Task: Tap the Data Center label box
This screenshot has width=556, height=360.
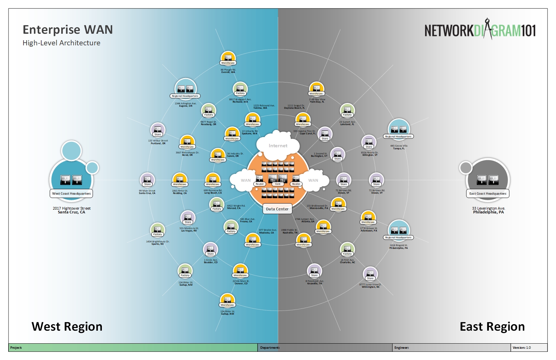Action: [x=277, y=209]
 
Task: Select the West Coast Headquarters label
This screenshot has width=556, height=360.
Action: [x=71, y=194]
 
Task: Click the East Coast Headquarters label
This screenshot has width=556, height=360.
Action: [x=488, y=194]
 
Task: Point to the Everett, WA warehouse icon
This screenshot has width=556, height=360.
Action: [x=228, y=58]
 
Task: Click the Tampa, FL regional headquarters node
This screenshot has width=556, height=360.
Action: [x=398, y=129]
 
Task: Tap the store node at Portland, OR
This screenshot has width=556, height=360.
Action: [x=158, y=130]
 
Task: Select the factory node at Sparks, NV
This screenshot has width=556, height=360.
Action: [x=157, y=229]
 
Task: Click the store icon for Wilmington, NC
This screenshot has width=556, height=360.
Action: [x=370, y=273]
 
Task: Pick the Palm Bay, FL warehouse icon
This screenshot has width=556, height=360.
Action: [x=316, y=88]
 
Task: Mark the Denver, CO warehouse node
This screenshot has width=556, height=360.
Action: [x=240, y=270]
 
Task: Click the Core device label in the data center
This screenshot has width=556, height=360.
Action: [x=278, y=184]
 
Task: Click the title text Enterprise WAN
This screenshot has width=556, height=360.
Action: [x=67, y=30]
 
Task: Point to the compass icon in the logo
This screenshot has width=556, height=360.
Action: [x=487, y=29]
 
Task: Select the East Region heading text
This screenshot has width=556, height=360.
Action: [x=492, y=327]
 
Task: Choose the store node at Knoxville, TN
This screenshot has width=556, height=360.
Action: [x=314, y=270]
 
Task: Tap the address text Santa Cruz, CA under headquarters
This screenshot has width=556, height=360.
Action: [x=72, y=212]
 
